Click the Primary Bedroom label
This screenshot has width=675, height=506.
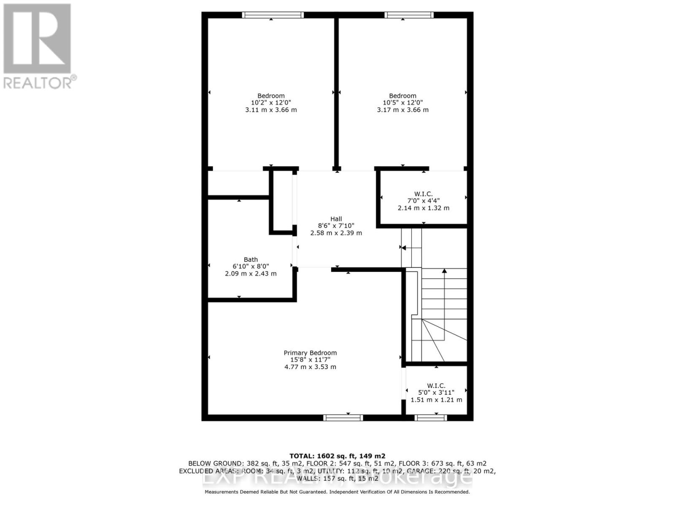(x=310, y=353)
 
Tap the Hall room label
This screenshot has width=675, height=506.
(x=336, y=219)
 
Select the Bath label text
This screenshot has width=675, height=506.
(x=251, y=260)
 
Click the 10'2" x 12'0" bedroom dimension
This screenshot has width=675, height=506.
(x=271, y=103)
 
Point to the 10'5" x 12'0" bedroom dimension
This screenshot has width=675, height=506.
(x=402, y=103)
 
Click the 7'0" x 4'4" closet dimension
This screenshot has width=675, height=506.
(x=423, y=201)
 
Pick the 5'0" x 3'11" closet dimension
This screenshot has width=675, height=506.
(x=436, y=393)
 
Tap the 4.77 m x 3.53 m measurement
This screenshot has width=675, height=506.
(x=310, y=367)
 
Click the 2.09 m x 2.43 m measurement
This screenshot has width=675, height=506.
(x=251, y=274)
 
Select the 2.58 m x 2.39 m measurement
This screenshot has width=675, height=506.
(x=336, y=233)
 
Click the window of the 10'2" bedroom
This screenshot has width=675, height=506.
(x=273, y=15)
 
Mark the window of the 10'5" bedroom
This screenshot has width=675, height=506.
(x=409, y=15)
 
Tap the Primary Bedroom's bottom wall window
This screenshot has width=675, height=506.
(x=343, y=417)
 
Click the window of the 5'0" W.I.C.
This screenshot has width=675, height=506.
(x=430, y=417)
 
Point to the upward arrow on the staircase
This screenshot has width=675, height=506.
(x=444, y=272)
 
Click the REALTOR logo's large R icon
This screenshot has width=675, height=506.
(x=37, y=39)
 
